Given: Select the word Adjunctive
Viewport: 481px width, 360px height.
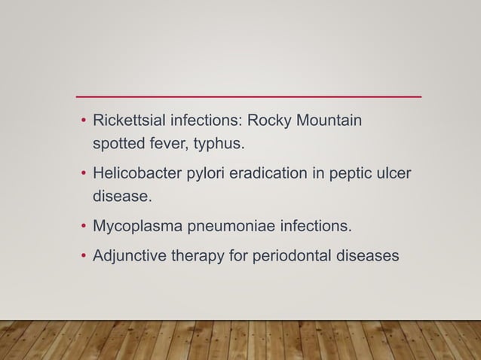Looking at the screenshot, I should coord(128,256).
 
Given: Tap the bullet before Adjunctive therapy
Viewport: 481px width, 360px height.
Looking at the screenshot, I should coord(84,256).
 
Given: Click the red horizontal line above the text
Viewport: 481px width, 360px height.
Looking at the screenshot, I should coord(249,97).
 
